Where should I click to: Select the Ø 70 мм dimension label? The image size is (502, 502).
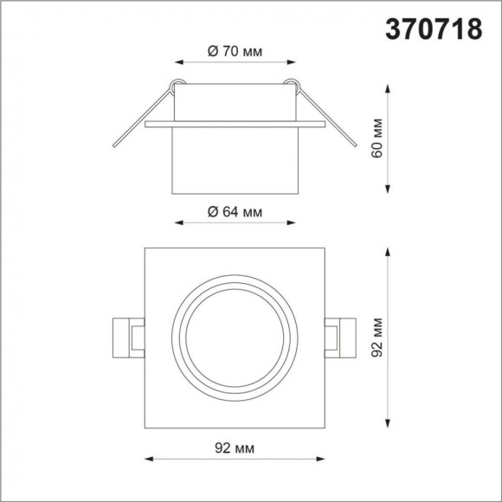click(235, 50)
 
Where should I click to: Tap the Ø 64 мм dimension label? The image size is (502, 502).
click(235, 212)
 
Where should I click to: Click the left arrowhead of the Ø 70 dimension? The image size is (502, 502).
click(179, 63)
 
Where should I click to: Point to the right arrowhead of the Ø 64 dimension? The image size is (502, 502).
click(293, 223)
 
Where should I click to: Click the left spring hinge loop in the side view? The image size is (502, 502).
click(177, 86)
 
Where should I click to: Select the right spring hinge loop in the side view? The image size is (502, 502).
click(295, 86)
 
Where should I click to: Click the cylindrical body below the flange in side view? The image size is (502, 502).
click(235, 160)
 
